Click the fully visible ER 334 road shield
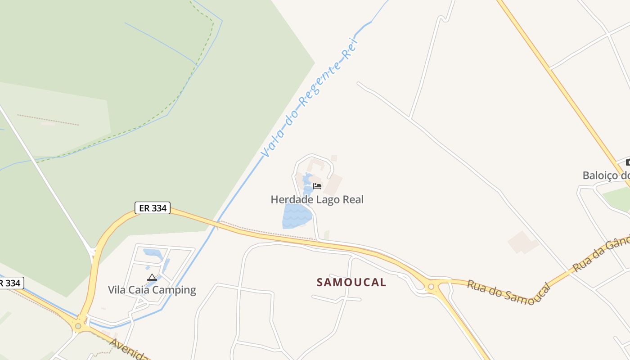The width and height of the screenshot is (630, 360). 152,208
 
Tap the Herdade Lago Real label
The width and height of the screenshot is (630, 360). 317,199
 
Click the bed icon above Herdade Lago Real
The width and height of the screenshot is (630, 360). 317,186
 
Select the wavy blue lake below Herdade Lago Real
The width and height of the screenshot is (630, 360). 296,216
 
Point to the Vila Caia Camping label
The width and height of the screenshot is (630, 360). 152,290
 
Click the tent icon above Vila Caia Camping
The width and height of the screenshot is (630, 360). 152,278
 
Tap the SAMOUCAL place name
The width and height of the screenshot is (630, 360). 351,282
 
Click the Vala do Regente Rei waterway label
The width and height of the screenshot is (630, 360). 310,98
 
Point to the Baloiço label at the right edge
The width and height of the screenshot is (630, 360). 606,175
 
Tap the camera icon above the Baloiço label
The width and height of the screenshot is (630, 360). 628,162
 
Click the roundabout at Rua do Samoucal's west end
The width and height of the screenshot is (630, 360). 431,286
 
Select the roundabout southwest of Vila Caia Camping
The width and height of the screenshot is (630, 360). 78,326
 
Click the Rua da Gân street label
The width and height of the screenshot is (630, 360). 601,256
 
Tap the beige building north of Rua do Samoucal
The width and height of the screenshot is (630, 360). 523,242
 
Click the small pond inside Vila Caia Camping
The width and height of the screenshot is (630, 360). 153,253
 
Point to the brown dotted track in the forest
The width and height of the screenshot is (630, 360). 48,120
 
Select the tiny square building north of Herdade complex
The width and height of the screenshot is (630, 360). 334,158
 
